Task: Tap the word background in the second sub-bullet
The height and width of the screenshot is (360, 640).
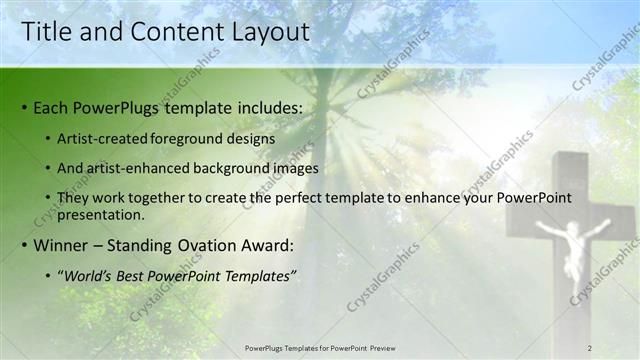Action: click(240, 169)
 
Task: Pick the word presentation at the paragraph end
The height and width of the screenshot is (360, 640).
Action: click(102, 215)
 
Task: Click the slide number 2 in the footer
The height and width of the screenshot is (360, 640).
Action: click(589, 348)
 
